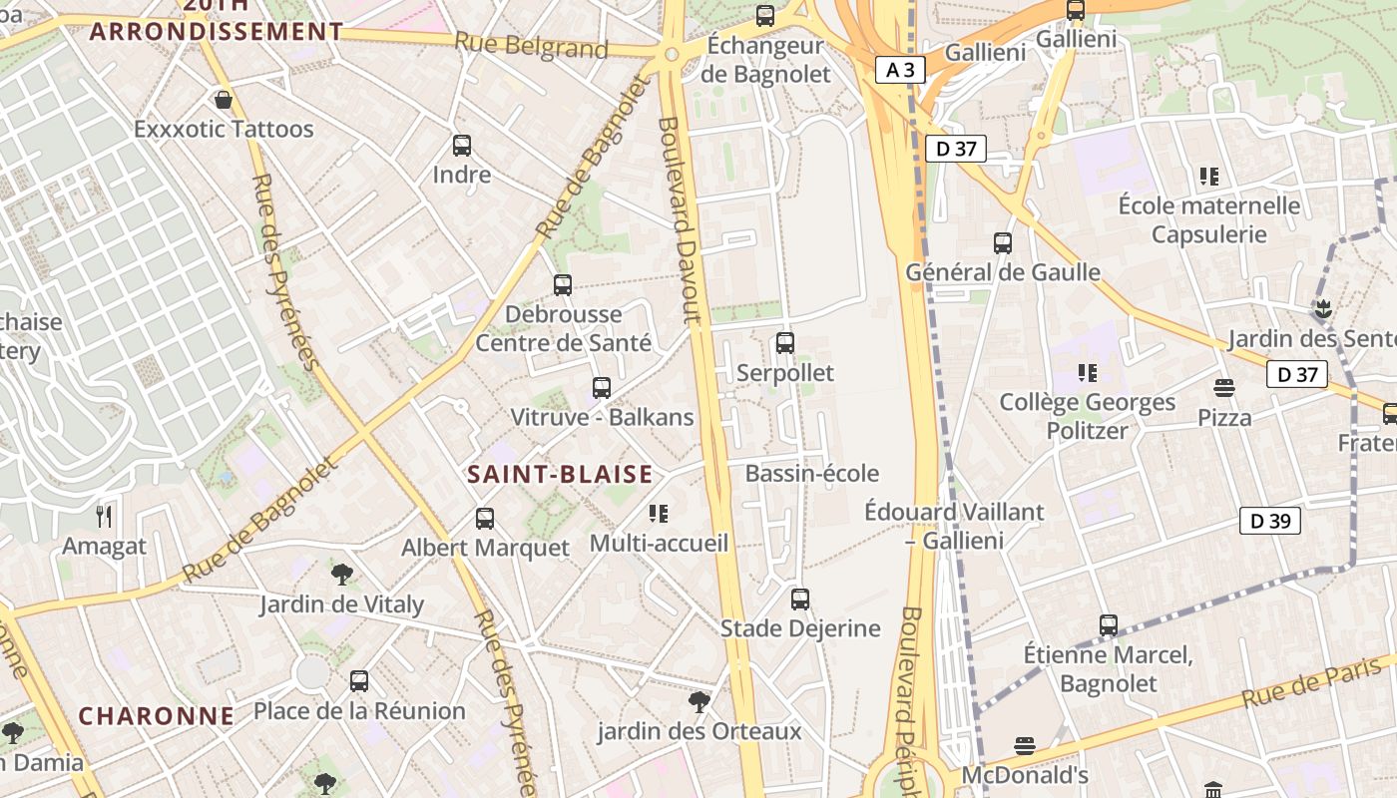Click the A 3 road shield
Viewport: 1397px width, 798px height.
pyautogui.click(x=901, y=69)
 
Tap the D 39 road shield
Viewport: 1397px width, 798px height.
pyautogui.click(x=1270, y=521)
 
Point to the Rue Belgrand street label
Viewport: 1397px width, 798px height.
pyautogui.click(x=531, y=45)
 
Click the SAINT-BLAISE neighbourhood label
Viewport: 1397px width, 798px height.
pyautogui.click(x=560, y=475)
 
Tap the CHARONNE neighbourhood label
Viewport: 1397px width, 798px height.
pyautogui.click(x=157, y=716)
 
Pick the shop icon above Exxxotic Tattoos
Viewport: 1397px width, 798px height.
pyautogui.click(x=224, y=100)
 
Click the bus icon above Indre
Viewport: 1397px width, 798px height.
pyautogui.click(x=462, y=146)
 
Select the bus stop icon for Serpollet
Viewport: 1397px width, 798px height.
pyautogui.click(x=785, y=343)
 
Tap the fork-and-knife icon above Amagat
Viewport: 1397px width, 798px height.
pyautogui.click(x=104, y=517)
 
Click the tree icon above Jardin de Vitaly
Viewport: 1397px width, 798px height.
pyautogui.click(x=342, y=575)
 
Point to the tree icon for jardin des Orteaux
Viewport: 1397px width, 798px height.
pyautogui.click(x=699, y=702)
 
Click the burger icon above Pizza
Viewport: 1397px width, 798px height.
pyautogui.click(x=1224, y=388)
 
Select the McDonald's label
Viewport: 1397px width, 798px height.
pyautogui.click(x=1024, y=775)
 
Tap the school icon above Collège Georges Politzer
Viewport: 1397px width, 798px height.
pyautogui.click(x=1088, y=373)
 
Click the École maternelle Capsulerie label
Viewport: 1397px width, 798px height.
pyautogui.click(x=1209, y=219)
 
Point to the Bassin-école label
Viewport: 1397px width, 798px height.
pyautogui.click(x=812, y=473)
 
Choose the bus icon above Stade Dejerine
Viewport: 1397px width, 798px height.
pyautogui.click(x=800, y=598)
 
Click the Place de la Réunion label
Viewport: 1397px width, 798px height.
pyautogui.click(x=359, y=711)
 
